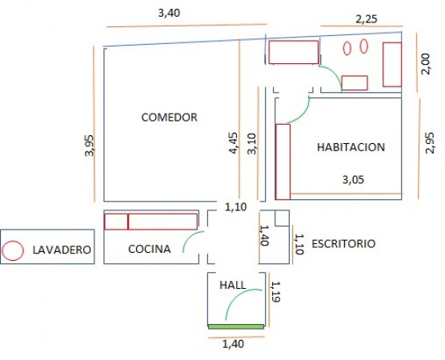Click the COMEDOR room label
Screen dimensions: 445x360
point(169,117)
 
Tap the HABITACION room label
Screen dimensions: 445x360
point(351,147)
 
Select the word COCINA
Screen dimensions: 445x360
point(150,249)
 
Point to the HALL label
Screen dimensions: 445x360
point(233,285)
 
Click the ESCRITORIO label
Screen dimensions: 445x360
point(343,244)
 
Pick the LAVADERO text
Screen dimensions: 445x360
point(62,250)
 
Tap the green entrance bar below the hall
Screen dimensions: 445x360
point(236,327)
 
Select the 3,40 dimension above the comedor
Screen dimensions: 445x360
point(169,13)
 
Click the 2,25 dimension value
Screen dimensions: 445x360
point(367,19)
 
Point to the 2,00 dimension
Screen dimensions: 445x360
point(426,64)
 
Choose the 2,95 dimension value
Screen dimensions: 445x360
point(430,143)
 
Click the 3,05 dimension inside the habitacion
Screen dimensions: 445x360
point(353,179)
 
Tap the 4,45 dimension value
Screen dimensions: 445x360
point(234,143)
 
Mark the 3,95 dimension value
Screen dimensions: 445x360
point(89,146)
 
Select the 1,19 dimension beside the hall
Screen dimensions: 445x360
point(275,292)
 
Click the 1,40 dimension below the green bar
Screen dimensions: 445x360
point(233,344)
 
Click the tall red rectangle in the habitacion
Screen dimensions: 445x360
point(283,162)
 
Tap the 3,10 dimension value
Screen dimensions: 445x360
point(252,144)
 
